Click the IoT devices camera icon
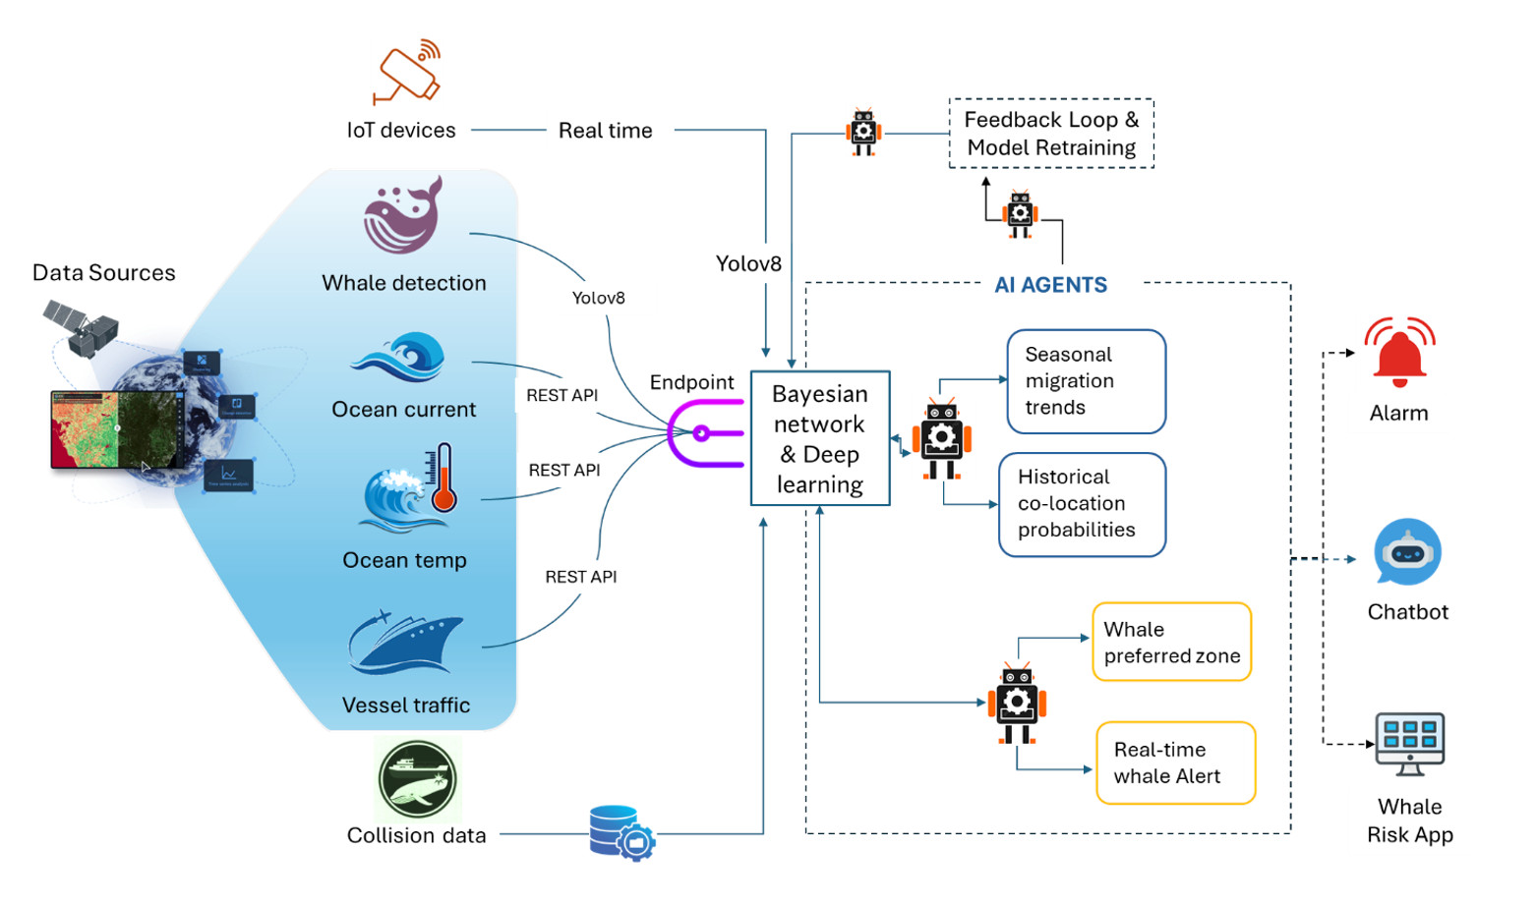[407, 72]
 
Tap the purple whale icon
[402, 217]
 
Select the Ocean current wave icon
[399, 358]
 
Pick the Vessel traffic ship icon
[404, 644]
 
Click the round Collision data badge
[418, 780]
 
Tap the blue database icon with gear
[620, 833]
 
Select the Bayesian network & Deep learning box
[820, 438]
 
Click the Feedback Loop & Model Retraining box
[1050, 134]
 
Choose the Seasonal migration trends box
[1086, 381]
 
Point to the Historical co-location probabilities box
[1082, 504]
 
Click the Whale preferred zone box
[1171, 643]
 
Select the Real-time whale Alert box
[1175, 763]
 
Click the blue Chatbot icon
[1407, 553]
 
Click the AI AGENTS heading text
[1050, 285]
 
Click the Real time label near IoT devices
[605, 131]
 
